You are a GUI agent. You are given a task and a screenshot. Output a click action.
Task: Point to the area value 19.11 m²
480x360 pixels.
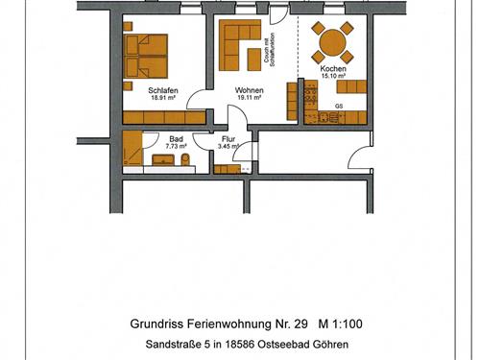249,98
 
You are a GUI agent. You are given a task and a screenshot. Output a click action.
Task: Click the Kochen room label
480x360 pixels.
334,69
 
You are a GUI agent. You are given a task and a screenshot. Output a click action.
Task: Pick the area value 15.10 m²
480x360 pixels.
334,77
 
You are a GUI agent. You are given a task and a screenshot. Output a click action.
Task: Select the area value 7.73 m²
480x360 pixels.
176,147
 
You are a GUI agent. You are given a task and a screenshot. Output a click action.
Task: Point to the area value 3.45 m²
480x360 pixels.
228,147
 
